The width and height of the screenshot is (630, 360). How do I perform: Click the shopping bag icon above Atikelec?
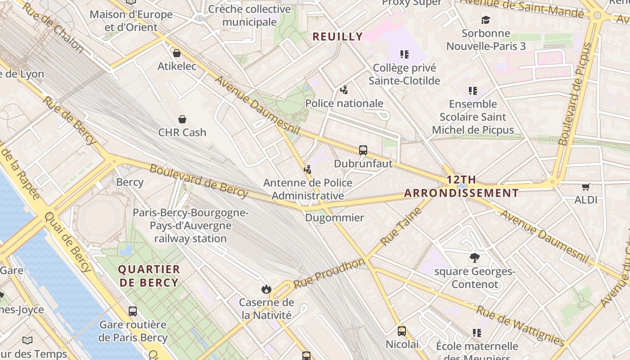[177, 53]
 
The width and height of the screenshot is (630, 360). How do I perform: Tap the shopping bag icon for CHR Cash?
[182, 119]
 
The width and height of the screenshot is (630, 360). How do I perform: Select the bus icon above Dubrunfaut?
[363, 150]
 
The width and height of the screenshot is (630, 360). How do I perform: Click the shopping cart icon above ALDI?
[585, 187]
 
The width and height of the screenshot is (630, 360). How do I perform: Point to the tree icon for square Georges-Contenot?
[474, 258]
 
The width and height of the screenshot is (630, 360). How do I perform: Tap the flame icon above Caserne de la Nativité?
[266, 289]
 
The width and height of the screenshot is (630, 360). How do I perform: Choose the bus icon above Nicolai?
[402, 331]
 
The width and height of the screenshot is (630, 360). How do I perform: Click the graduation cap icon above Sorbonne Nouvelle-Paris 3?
[486, 20]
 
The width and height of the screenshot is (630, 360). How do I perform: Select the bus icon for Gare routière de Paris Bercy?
[133, 311]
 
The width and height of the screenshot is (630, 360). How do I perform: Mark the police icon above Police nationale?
[344, 90]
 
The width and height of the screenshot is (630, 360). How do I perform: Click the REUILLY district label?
[337, 37]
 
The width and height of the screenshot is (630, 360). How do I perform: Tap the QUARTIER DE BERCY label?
[148, 276]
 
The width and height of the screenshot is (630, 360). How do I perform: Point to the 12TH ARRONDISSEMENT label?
[461, 186]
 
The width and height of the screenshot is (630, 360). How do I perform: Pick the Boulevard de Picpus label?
[576, 94]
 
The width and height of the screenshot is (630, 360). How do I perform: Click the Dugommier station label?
[334, 218]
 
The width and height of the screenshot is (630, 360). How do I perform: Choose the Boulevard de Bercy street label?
[198, 181]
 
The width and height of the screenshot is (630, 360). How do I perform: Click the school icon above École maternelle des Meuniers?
[477, 333]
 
